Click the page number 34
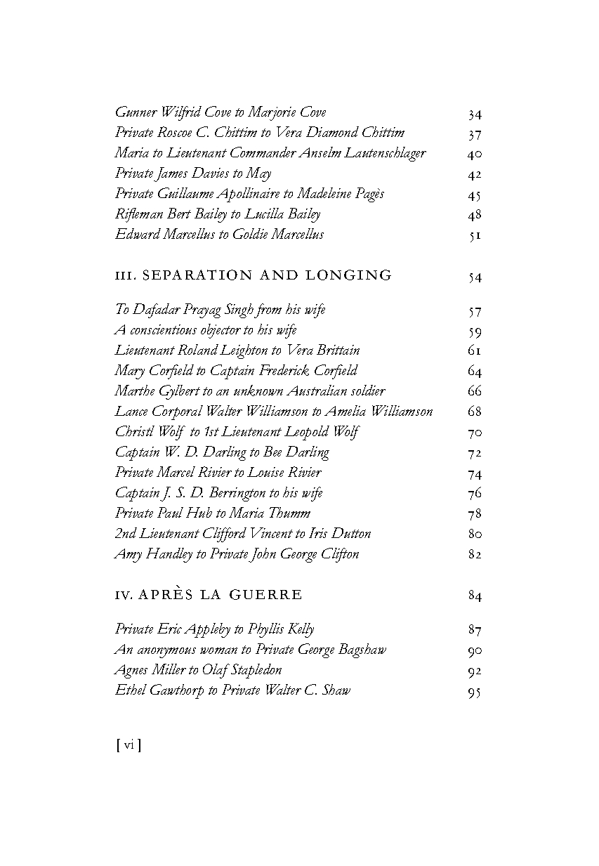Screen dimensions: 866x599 point(475,114)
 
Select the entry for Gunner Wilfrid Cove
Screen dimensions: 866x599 point(220,112)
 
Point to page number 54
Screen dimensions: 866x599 point(475,277)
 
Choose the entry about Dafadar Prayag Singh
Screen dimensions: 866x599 point(220,310)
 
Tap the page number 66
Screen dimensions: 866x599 point(475,391)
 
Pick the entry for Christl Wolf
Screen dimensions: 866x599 point(237,432)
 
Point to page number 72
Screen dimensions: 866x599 point(475,452)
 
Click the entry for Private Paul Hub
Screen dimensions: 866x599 point(213,513)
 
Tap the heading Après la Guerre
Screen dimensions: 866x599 point(209,595)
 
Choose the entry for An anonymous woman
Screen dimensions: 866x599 point(251,650)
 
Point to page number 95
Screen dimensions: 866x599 point(475,692)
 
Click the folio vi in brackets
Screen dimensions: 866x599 point(128,745)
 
